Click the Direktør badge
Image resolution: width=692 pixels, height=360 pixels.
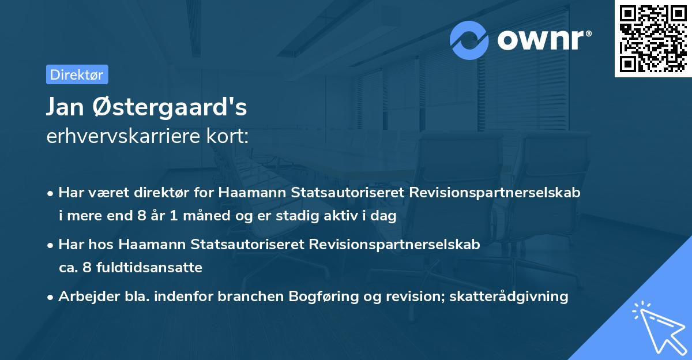[x=77, y=74]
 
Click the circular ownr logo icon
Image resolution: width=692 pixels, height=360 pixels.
[x=469, y=40]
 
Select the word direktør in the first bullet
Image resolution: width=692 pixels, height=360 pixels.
[x=152, y=192]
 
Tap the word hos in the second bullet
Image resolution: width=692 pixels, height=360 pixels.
[x=101, y=244]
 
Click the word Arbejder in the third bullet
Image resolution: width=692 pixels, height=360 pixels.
[x=84, y=297]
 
